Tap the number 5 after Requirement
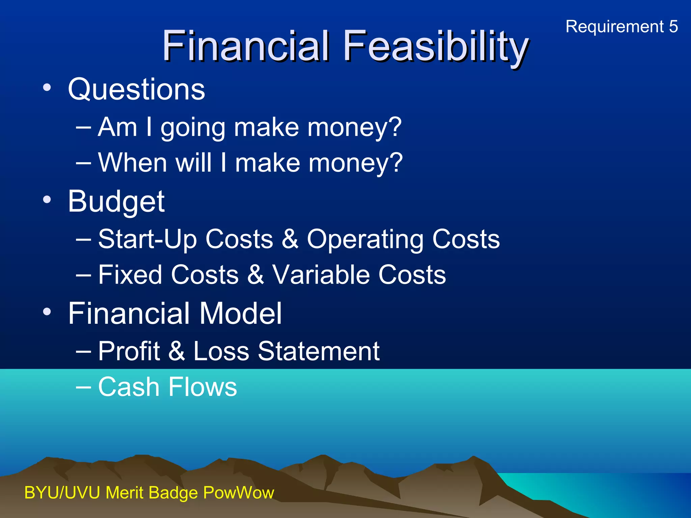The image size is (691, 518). (x=673, y=26)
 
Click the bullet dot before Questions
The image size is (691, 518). (x=47, y=88)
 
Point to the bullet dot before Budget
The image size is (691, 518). (x=47, y=200)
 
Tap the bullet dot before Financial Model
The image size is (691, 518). (x=47, y=312)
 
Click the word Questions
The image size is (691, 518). (x=136, y=89)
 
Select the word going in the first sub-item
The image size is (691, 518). (x=193, y=128)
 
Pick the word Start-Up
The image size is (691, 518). (x=147, y=239)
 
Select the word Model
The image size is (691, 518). (x=240, y=313)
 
